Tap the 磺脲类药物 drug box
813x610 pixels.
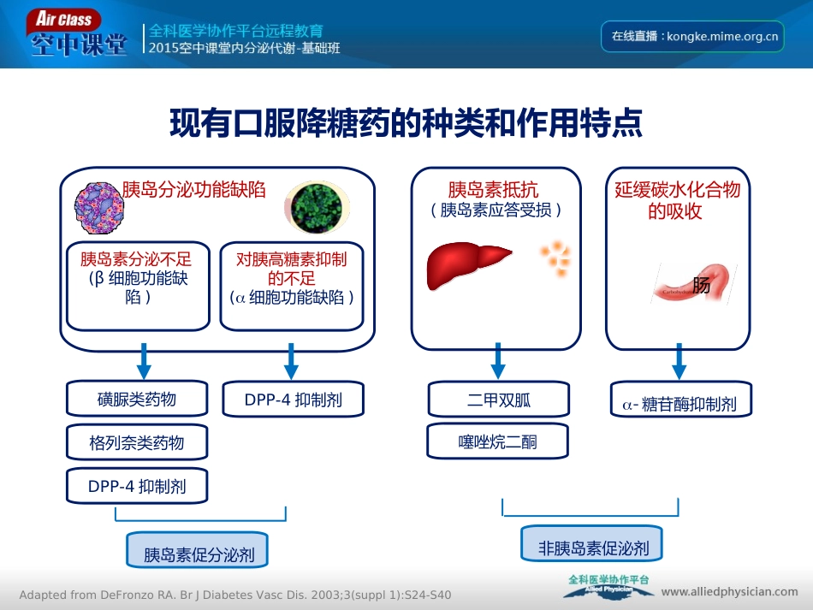click(137, 399)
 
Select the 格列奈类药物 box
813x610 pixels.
click(137, 443)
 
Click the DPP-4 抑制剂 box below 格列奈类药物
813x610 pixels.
click(137, 486)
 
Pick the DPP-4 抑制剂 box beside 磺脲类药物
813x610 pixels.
click(294, 399)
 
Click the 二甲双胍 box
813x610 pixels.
click(498, 399)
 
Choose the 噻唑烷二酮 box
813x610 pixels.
click(498, 442)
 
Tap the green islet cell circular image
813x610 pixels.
click(317, 208)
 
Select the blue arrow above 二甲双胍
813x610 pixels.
click(498, 360)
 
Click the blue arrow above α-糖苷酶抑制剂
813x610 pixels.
click(679, 360)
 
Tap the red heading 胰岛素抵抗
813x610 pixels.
click(493, 189)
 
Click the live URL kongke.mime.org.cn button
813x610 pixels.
click(692, 36)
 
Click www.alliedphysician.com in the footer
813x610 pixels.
click(729, 591)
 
